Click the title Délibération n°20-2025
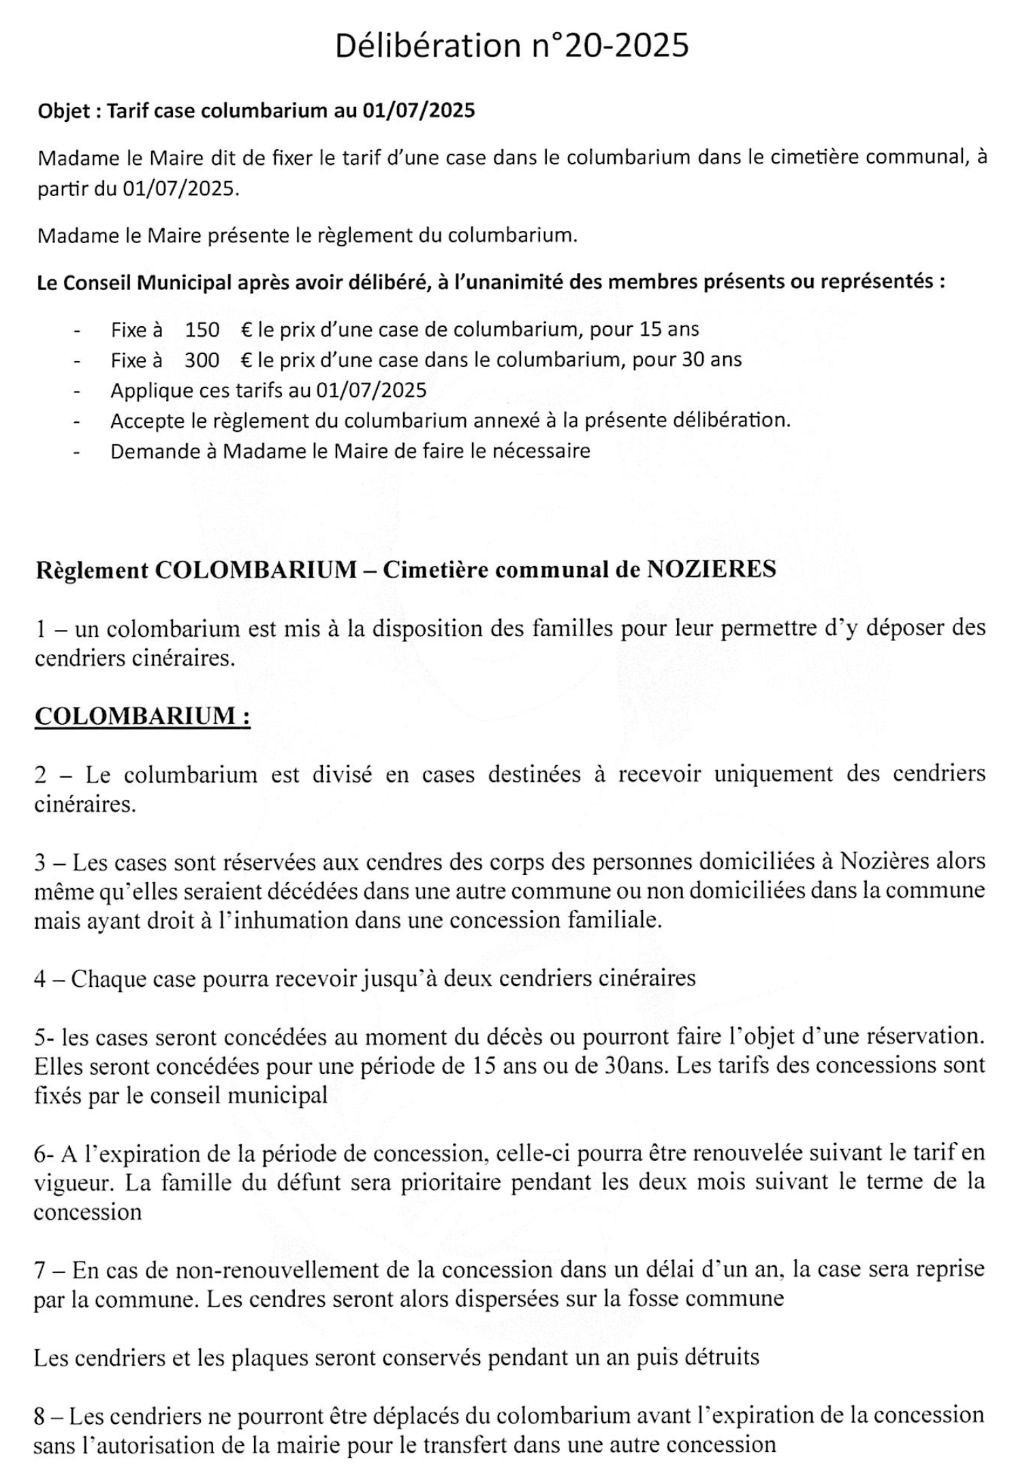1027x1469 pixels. tap(512, 46)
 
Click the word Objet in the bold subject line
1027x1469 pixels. tap(64, 112)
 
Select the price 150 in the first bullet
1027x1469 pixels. tap(202, 330)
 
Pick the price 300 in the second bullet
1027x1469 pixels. tap(202, 360)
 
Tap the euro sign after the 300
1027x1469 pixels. tap(247, 360)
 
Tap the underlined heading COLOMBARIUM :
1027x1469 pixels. tap(142, 716)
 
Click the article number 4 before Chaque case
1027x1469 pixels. tap(40, 979)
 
